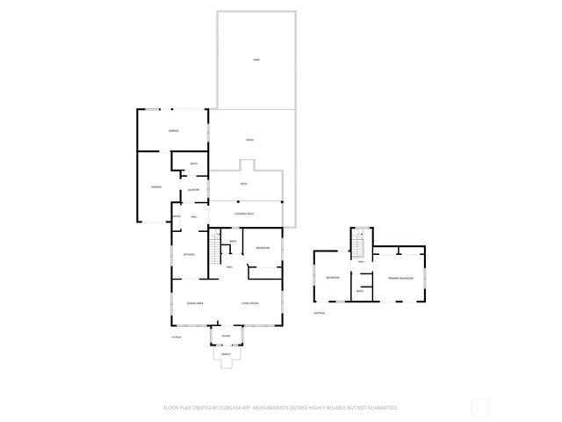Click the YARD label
(256, 59)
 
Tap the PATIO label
(249, 140)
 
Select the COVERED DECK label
(244, 214)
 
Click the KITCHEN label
(189, 254)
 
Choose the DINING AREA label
(195, 303)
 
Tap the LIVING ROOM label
(250, 303)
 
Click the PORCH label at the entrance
(226, 354)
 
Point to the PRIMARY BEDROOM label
(400, 278)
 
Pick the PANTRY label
(177, 217)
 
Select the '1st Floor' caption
(176, 337)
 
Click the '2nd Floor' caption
(319, 312)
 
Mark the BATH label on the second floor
(360, 290)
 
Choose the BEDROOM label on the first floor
(263, 248)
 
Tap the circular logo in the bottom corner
(480, 407)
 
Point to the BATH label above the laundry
(193, 164)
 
